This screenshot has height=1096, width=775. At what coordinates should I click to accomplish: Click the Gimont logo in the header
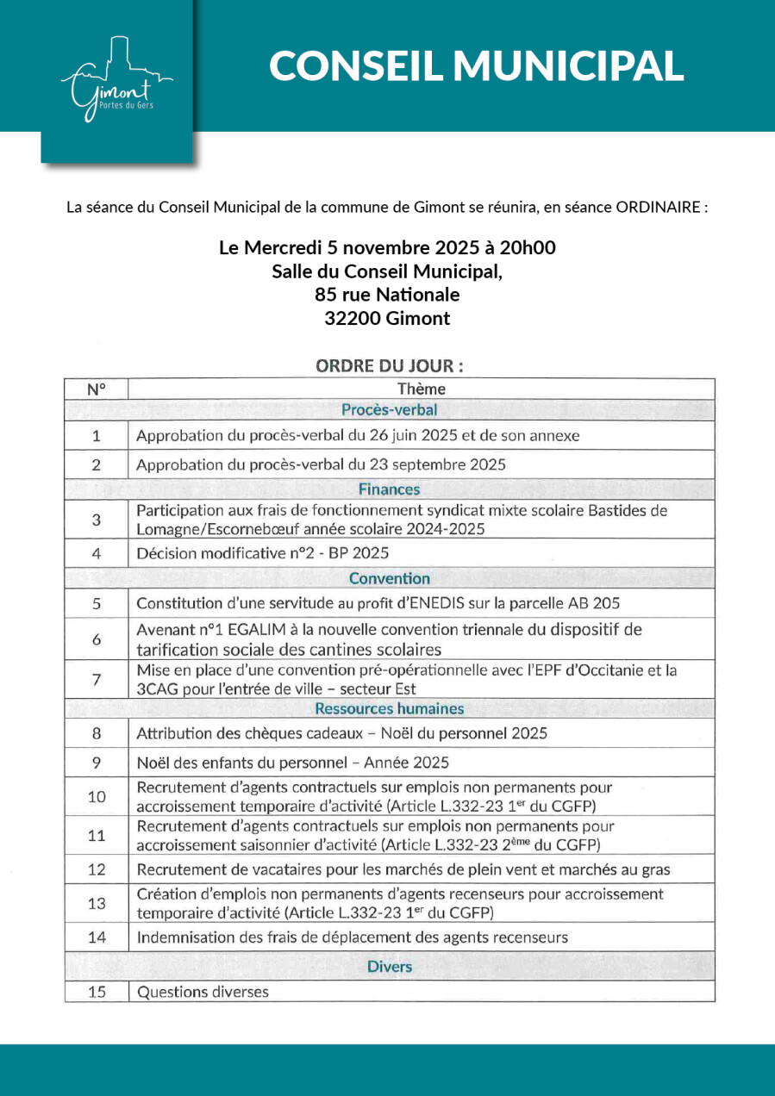pos(116,79)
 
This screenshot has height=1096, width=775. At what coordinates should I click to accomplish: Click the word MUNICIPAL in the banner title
pos(569,65)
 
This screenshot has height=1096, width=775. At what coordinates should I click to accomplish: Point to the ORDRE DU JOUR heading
pos(390,365)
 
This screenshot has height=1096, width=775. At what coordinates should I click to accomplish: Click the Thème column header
pos(422,389)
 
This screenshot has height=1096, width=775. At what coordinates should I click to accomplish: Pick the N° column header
pos(97,389)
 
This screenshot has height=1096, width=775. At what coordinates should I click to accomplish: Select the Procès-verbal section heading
pos(390,409)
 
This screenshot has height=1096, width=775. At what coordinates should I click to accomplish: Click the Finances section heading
pos(390,489)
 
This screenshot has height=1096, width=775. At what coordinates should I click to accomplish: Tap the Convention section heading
pos(390,578)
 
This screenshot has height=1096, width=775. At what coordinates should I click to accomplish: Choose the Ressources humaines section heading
pos(390,709)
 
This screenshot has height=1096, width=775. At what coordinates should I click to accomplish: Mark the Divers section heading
pos(390,966)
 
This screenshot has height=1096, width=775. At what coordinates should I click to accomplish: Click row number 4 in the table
pos(97,552)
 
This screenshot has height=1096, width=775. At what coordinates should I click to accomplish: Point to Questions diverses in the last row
pos(203,992)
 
